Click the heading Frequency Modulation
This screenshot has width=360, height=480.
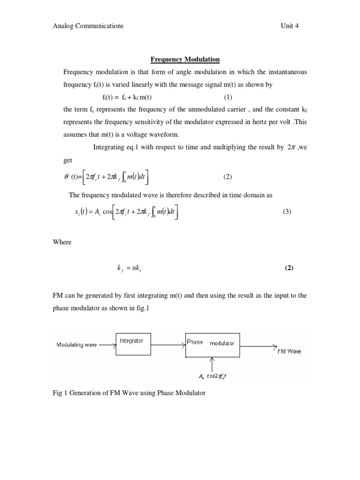pos(185,60)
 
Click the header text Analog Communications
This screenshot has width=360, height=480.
pos(89,26)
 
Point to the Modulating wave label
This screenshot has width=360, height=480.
pos(76,345)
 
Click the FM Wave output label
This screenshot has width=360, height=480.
pos(289,352)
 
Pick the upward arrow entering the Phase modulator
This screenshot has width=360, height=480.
pos(213,364)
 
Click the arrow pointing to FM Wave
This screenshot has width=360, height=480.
pos(258,346)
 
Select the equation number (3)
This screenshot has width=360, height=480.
pos(287,211)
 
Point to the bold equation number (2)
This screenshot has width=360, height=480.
pos(289,269)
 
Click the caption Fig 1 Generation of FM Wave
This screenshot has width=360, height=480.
pos(129,393)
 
